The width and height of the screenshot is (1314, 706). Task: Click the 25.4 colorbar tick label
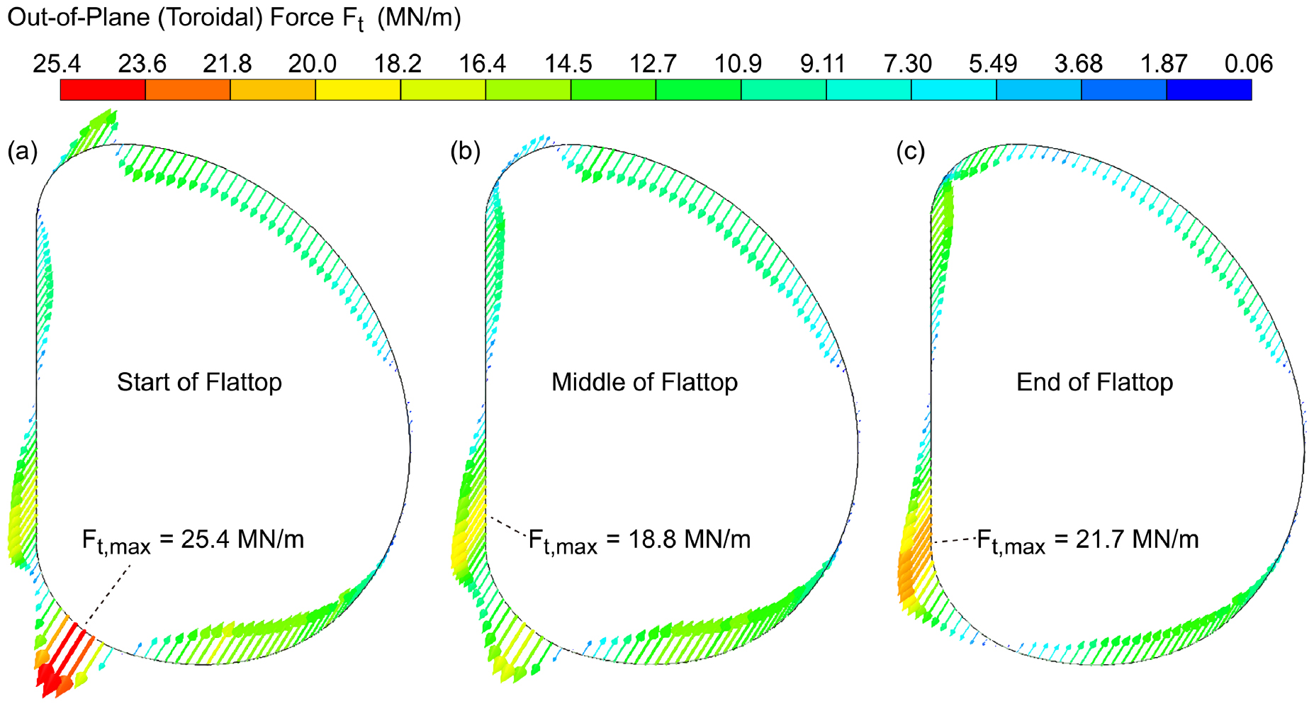[x=57, y=65]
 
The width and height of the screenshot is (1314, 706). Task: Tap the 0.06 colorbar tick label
[x=1249, y=65]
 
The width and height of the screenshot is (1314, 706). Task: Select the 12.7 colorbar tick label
[x=653, y=65]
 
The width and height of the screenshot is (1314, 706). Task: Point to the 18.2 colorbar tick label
[x=398, y=65]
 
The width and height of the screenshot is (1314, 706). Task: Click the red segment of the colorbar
[x=103, y=90]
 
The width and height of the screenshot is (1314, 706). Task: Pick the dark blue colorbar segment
[x=1208, y=90]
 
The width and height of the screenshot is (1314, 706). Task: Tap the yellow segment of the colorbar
[x=358, y=90]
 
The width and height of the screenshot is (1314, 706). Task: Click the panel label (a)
[x=22, y=152]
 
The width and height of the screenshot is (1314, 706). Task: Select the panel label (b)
[x=466, y=152]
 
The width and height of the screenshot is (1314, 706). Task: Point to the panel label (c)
[x=911, y=152]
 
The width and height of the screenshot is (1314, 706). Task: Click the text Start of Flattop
[x=199, y=383]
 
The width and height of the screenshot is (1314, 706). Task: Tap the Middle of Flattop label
[x=644, y=383]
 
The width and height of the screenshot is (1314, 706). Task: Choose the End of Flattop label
[x=1094, y=383]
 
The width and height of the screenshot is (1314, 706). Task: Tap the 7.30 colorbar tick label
[x=908, y=65]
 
